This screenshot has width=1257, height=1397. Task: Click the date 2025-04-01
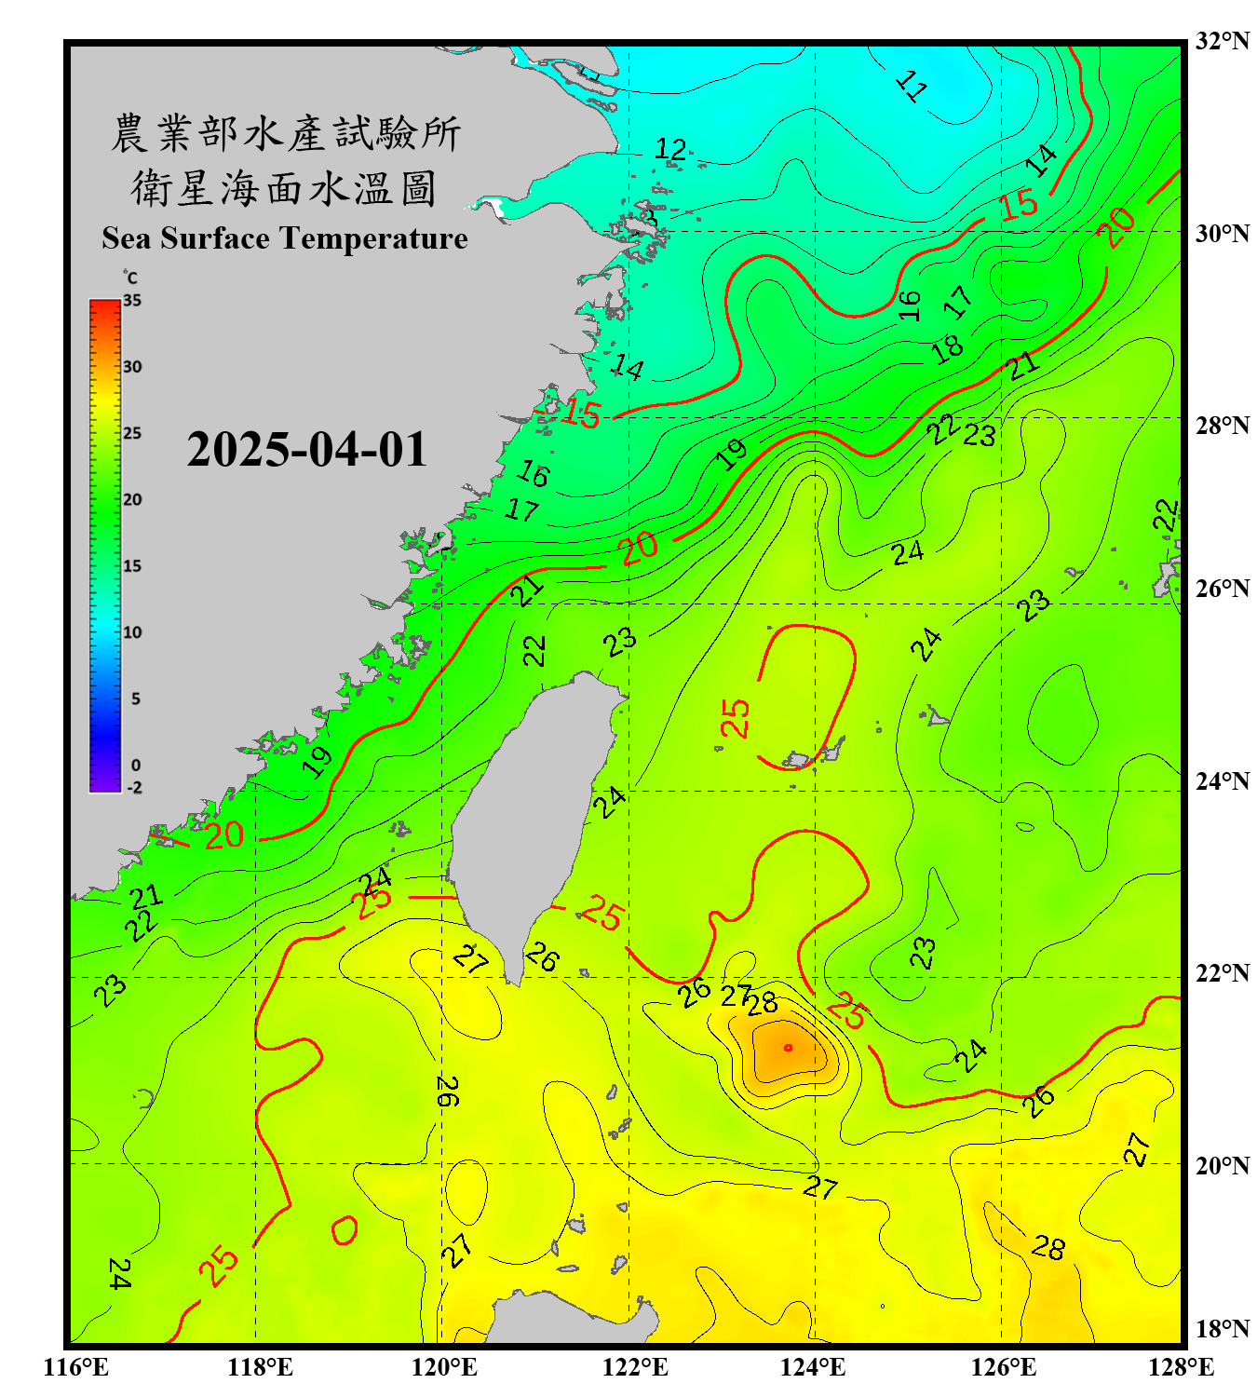coord(306,450)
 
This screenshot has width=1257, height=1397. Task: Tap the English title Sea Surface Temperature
coord(285,238)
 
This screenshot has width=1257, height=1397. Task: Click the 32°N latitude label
coord(1222,41)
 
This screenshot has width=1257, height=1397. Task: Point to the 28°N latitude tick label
coord(1222,426)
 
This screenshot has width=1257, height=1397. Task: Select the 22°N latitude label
coord(1222,973)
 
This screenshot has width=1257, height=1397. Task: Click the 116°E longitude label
coord(76,1367)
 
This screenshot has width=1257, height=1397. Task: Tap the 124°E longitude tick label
coord(813,1367)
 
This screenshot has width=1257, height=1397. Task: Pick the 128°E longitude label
coord(1181,1367)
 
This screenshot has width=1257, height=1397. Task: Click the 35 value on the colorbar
coord(132,301)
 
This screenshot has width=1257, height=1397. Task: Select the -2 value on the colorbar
coord(134,788)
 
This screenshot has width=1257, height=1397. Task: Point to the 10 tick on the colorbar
coord(132,632)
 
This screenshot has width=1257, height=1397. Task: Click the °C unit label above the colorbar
coord(129,278)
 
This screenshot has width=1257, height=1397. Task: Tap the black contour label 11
coord(912,87)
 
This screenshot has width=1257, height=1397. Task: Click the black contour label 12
coord(670,149)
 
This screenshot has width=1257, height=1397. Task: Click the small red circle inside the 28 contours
coord(789,1048)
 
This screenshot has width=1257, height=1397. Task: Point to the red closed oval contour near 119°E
coord(344,1230)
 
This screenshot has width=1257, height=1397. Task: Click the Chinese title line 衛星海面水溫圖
coord(284,188)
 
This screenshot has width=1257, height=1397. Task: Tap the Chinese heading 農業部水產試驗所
coord(285,133)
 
